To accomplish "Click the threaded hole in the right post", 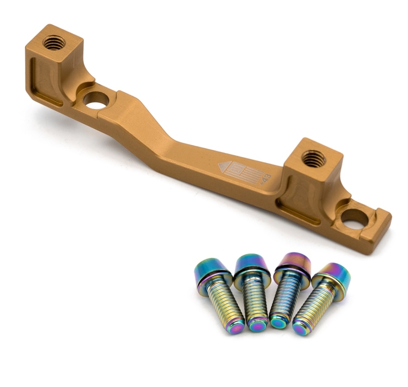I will pyautogui.click(x=314, y=158).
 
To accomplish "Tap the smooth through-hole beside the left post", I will pyautogui.click(x=97, y=100).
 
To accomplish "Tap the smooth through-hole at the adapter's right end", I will pyautogui.click(x=354, y=218).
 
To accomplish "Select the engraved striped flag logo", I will pyautogui.click(x=244, y=171).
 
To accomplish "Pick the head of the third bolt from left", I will pyautogui.click(x=293, y=263).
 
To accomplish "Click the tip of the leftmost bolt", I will pyautogui.click(x=235, y=327).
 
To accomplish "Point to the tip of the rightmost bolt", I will pyautogui.click(x=301, y=329).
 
